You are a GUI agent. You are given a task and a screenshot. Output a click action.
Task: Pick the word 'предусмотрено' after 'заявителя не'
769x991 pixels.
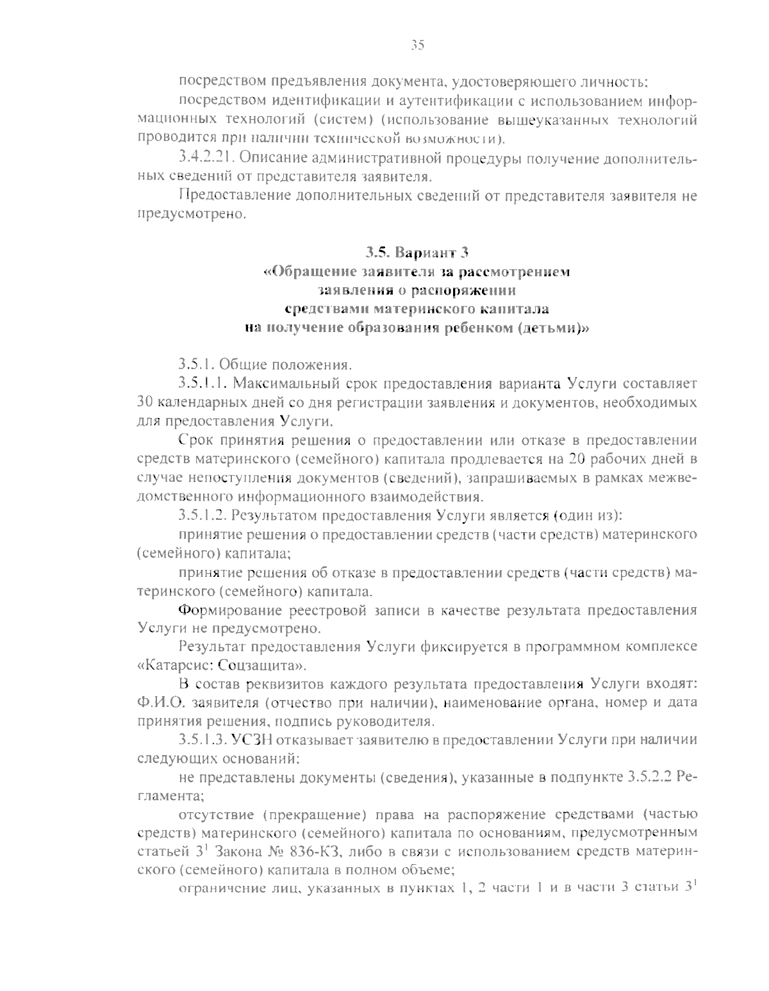191,215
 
